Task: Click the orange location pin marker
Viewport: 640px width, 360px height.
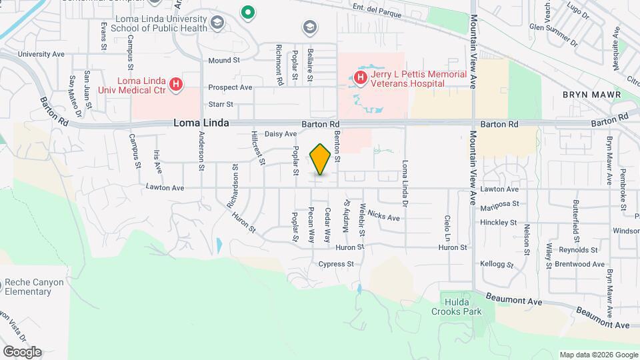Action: coord(321,159)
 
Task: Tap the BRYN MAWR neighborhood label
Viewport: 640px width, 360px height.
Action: coord(591,95)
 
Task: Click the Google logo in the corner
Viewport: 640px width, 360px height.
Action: coord(22,352)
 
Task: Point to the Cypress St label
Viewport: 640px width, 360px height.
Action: coord(336,264)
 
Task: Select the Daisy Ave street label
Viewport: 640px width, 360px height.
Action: coord(281,134)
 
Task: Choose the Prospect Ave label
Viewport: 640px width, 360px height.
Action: coord(230,87)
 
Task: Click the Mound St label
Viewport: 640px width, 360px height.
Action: coord(224,60)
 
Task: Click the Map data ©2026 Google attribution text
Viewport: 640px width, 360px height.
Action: coord(598,355)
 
